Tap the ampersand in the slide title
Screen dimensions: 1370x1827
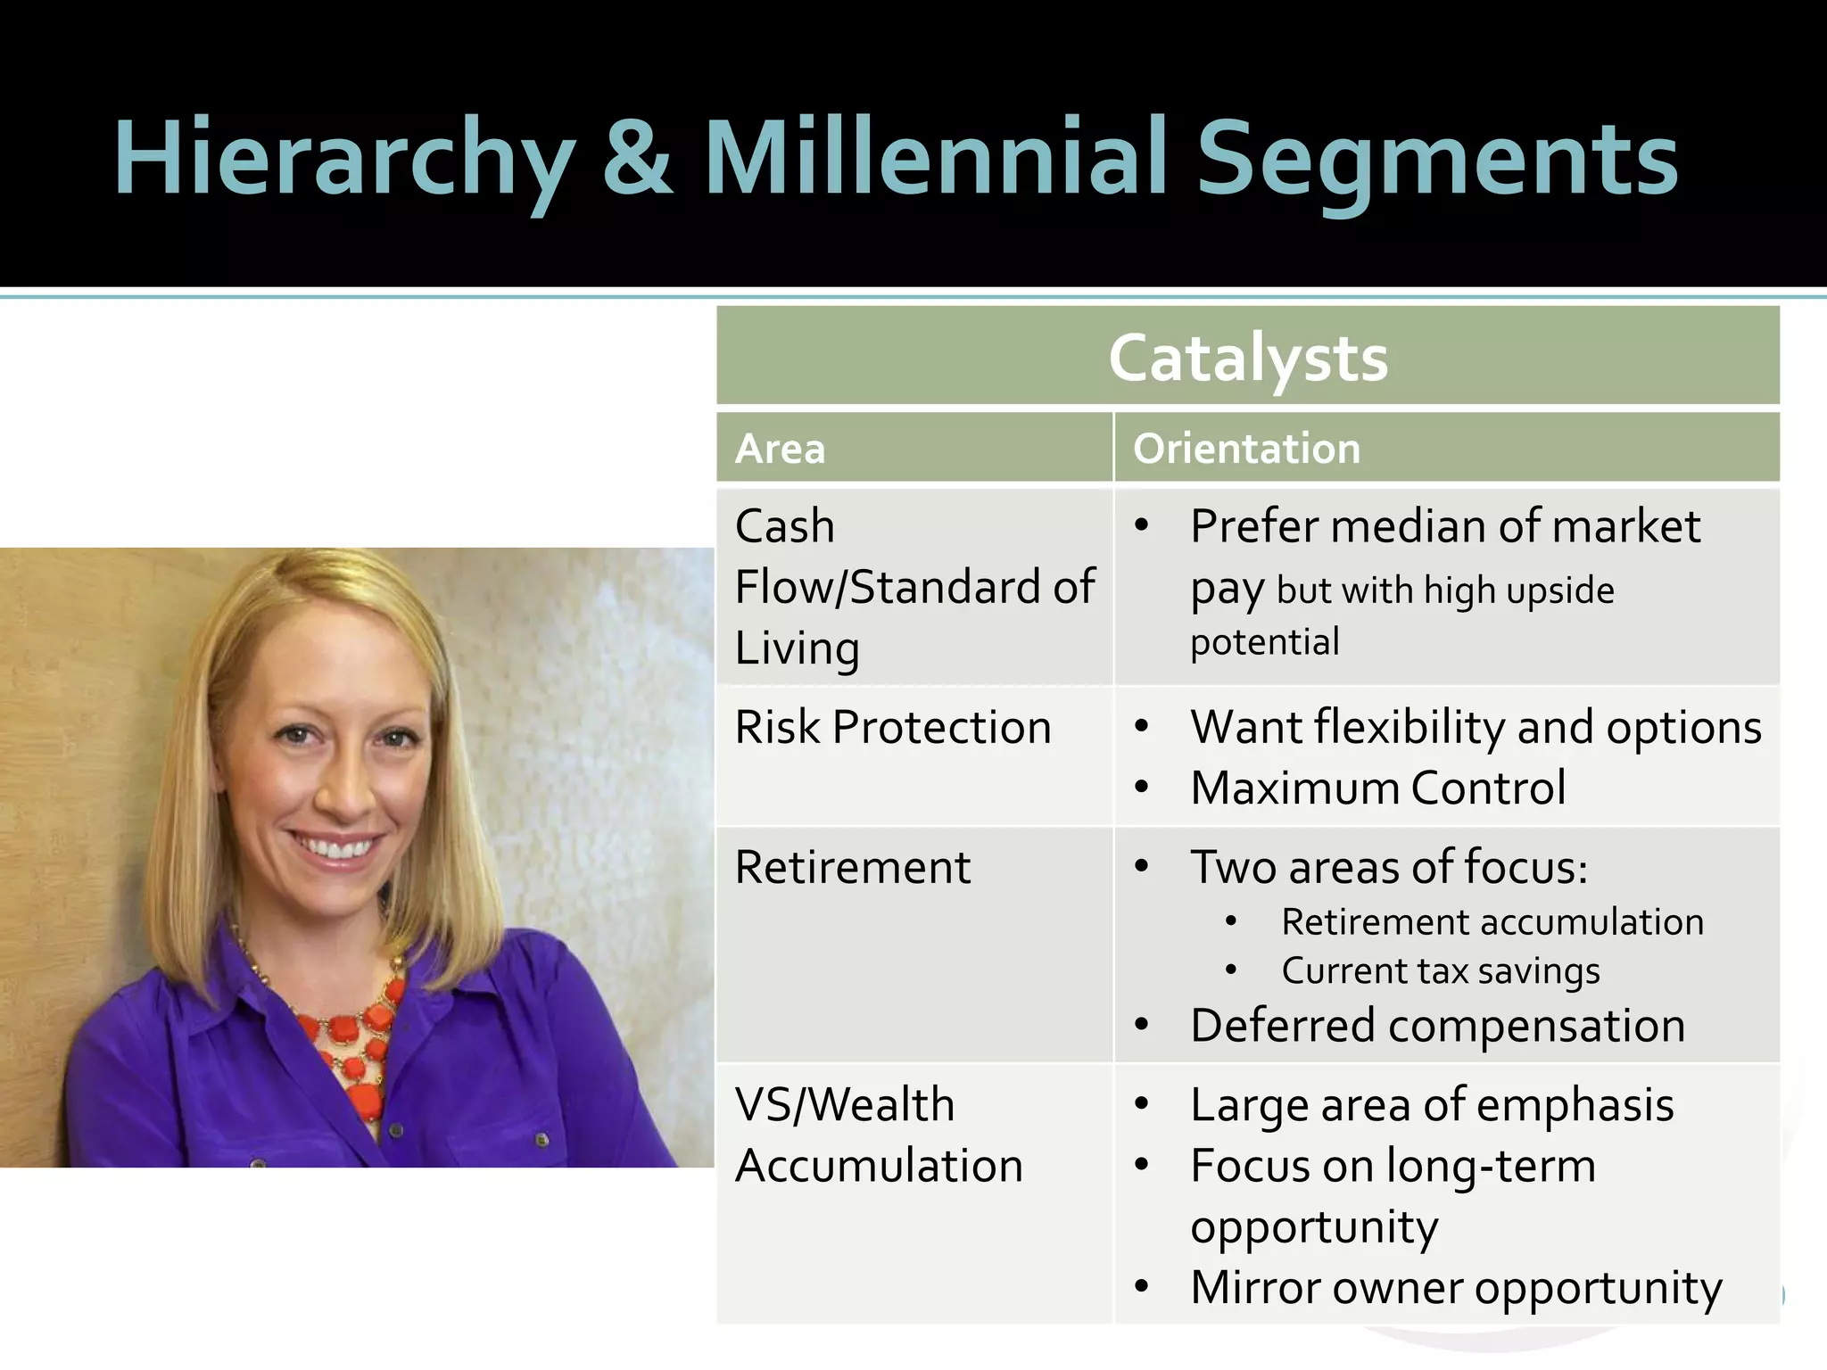(x=637, y=159)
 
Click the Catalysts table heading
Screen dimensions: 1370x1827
(x=1248, y=358)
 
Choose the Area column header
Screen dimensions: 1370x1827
(x=781, y=449)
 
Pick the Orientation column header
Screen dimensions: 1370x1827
(x=1246, y=449)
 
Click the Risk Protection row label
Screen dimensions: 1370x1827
(x=893, y=727)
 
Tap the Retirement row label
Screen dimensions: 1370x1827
(x=853, y=867)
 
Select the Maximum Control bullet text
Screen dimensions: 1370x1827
(x=1378, y=788)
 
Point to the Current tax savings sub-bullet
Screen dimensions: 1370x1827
(x=1441, y=971)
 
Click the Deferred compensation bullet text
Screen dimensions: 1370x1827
(x=1437, y=1026)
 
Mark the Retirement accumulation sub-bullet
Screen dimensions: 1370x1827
(x=1492, y=922)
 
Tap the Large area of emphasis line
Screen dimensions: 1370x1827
(x=1432, y=1105)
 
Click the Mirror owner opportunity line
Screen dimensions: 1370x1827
(x=1456, y=1288)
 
